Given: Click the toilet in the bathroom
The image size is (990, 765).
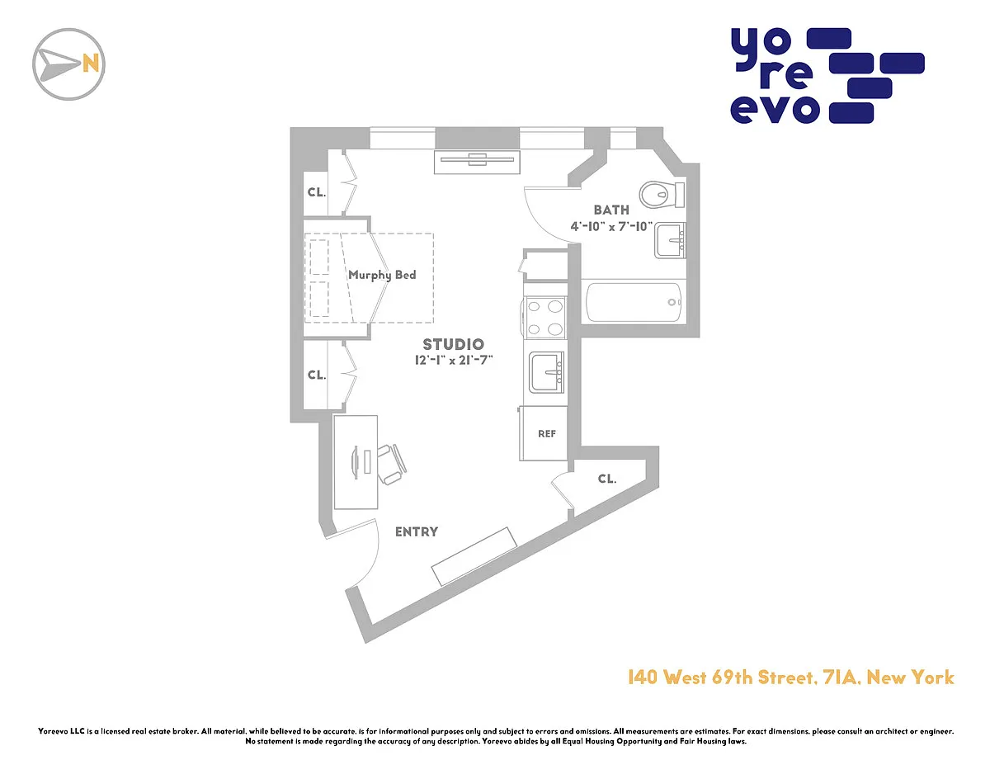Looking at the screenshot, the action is [x=662, y=195].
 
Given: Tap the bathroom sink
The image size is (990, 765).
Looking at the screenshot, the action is [x=670, y=241].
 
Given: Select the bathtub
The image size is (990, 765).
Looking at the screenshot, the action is [x=634, y=302].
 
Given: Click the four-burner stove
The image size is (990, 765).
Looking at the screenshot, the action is [x=544, y=317].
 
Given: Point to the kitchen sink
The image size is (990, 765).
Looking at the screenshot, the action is [x=546, y=372].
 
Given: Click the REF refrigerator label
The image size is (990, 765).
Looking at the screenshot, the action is [x=547, y=434].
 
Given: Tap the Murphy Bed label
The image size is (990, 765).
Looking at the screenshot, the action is [x=382, y=275].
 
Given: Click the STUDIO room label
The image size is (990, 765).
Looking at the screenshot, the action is [x=453, y=344].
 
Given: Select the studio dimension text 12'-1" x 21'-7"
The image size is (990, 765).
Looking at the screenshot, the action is [x=454, y=360].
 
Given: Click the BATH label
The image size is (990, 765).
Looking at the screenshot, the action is [x=611, y=210].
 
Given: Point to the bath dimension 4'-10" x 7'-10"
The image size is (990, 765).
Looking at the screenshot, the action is [x=611, y=226].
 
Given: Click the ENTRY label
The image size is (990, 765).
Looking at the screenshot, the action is [x=417, y=531].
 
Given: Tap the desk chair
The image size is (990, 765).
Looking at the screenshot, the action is [x=392, y=465].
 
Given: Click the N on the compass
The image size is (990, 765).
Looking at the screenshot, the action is [x=90, y=64].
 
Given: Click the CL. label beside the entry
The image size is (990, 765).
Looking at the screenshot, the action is [x=607, y=479].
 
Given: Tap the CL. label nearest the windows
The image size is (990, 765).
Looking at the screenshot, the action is [x=317, y=192].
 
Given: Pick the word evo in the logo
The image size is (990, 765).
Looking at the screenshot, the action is [x=775, y=110].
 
